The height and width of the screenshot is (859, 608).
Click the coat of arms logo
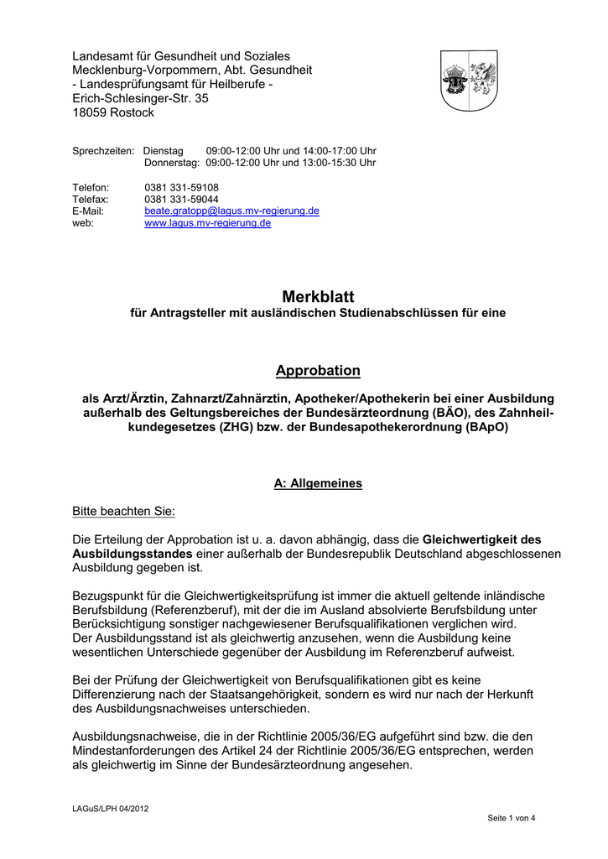click(470, 81)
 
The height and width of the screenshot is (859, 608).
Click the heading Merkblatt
click(319, 297)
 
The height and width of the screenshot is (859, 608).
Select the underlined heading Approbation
click(319, 371)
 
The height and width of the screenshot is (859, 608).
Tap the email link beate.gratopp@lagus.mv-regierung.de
click(231, 211)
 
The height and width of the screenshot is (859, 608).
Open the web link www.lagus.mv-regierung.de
click(208, 224)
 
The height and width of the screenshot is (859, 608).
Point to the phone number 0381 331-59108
click(181, 187)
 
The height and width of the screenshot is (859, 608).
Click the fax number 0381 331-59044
click(181, 200)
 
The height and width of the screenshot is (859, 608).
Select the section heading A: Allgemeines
click(319, 484)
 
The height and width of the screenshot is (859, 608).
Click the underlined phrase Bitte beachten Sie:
click(124, 511)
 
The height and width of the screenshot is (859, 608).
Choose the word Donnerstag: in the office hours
click(172, 163)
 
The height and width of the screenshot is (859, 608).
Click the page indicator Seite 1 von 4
click(512, 818)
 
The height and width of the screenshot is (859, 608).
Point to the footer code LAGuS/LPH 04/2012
click(111, 809)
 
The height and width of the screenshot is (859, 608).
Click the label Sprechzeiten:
click(103, 150)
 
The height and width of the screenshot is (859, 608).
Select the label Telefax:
click(90, 200)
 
